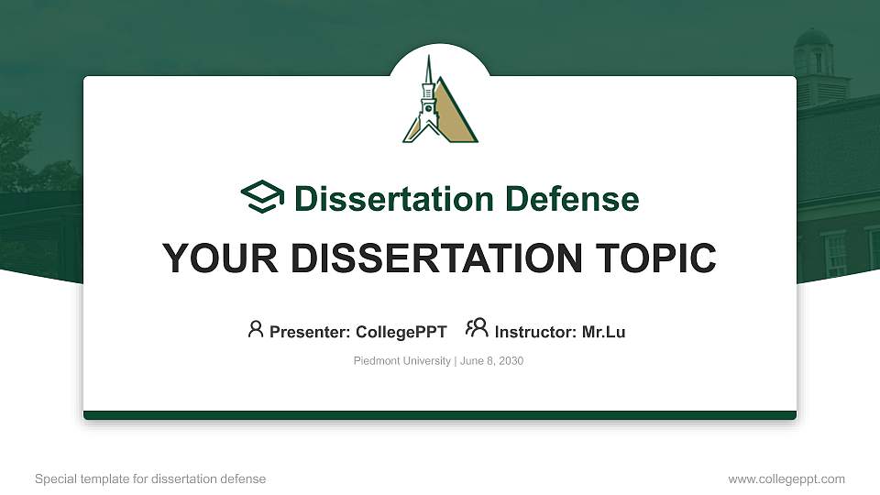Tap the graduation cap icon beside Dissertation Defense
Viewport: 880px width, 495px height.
click(x=263, y=197)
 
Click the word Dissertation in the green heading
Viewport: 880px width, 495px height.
click(x=381, y=199)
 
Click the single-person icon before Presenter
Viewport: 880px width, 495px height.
click(x=256, y=329)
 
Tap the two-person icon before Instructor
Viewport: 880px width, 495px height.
click(x=477, y=329)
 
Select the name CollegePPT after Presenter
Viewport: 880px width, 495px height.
click(x=401, y=332)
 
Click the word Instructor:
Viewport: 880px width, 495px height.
click(x=536, y=332)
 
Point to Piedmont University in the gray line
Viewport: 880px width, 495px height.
click(x=401, y=361)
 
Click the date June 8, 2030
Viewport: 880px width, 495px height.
click(x=492, y=361)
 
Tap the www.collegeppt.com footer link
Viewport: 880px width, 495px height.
click(x=786, y=478)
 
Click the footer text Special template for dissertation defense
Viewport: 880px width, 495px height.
click(x=150, y=478)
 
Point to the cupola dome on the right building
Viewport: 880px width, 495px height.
click(x=812, y=38)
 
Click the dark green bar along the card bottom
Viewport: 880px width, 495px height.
click(x=440, y=415)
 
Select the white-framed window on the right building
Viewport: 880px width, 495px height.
click(x=835, y=254)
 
